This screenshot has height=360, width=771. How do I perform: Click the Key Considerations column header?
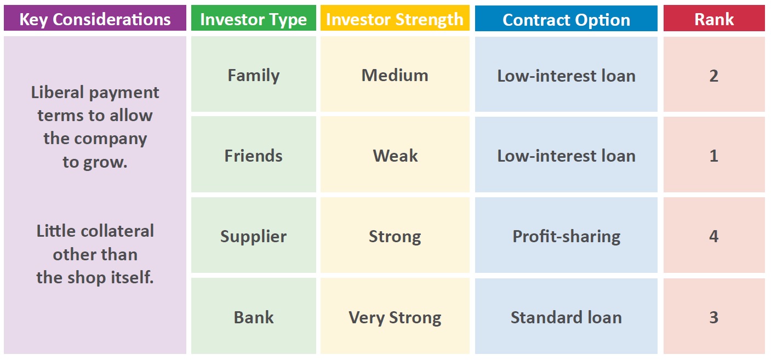(x=95, y=18)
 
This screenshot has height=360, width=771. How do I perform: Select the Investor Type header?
(x=253, y=18)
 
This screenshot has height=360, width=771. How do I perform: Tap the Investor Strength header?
(x=395, y=18)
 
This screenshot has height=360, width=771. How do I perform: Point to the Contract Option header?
(x=566, y=18)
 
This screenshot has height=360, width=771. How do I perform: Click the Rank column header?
(x=714, y=18)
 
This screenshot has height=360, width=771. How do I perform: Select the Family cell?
(x=254, y=75)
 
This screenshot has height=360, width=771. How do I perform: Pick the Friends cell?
(x=254, y=155)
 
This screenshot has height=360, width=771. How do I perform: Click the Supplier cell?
(x=254, y=235)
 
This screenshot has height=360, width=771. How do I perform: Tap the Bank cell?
(x=254, y=316)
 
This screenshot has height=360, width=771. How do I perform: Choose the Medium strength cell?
(x=395, y=75)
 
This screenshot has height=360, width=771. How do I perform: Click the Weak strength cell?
(x=395, y=155)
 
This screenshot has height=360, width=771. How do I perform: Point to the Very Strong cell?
(x=395, y=316)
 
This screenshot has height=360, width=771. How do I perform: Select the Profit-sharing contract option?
(x=566, y=235)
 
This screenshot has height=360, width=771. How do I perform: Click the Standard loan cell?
(x=566, y=316)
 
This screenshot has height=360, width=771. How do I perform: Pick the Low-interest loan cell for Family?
(x=566, y=75)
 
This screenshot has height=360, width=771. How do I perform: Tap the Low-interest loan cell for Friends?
(x=566, y=155)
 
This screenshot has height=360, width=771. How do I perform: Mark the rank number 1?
(x=714, y=156)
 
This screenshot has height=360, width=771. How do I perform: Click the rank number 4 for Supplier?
(x=714, y=236)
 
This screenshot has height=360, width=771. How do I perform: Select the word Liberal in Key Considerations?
(x=58, y=92)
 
